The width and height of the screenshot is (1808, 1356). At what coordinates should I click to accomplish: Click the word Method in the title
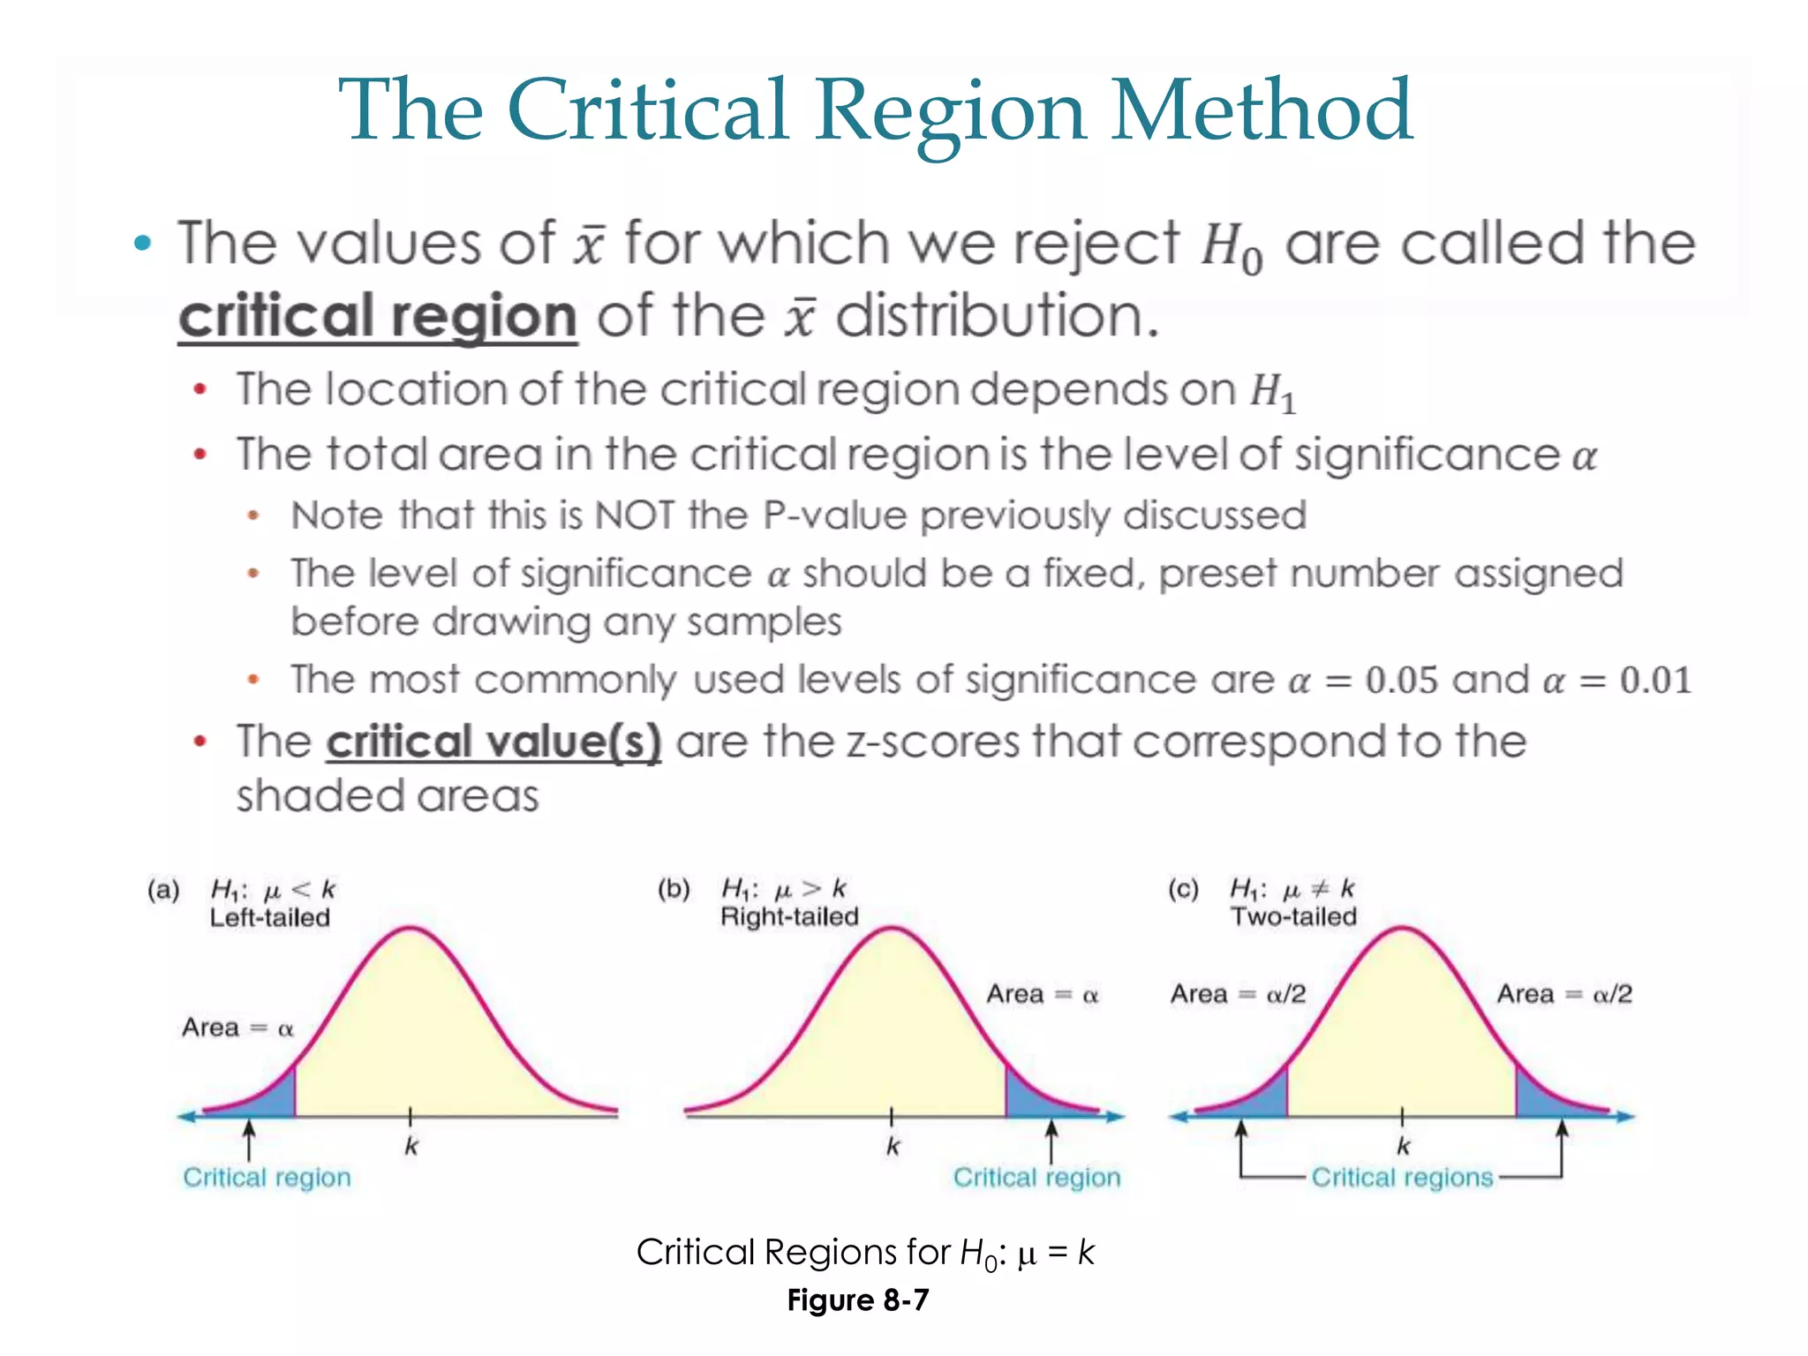[1262, 110]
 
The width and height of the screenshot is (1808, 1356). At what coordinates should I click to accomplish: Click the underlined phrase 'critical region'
[378, 316]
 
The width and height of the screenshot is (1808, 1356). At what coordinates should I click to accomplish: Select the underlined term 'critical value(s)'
[493, 742]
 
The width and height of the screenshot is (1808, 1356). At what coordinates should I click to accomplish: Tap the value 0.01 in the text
[1655, 680]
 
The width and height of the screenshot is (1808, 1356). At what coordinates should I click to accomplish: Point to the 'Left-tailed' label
[269, 918]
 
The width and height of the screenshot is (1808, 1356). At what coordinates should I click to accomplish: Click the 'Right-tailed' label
[789, 916]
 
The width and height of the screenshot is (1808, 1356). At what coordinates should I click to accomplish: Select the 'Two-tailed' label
[1293, 916]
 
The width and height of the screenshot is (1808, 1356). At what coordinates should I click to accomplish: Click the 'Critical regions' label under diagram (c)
[1402, 1178]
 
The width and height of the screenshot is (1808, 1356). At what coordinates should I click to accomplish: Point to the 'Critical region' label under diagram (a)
[267, 1178]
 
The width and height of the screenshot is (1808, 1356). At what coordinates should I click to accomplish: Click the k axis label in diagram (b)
[893, 1147]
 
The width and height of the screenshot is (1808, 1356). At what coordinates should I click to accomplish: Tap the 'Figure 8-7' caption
[858, 1300]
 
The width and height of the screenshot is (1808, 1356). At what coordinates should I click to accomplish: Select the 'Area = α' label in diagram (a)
[237, 1028]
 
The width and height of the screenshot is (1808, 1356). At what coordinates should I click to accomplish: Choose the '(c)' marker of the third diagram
[1183, 889]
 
